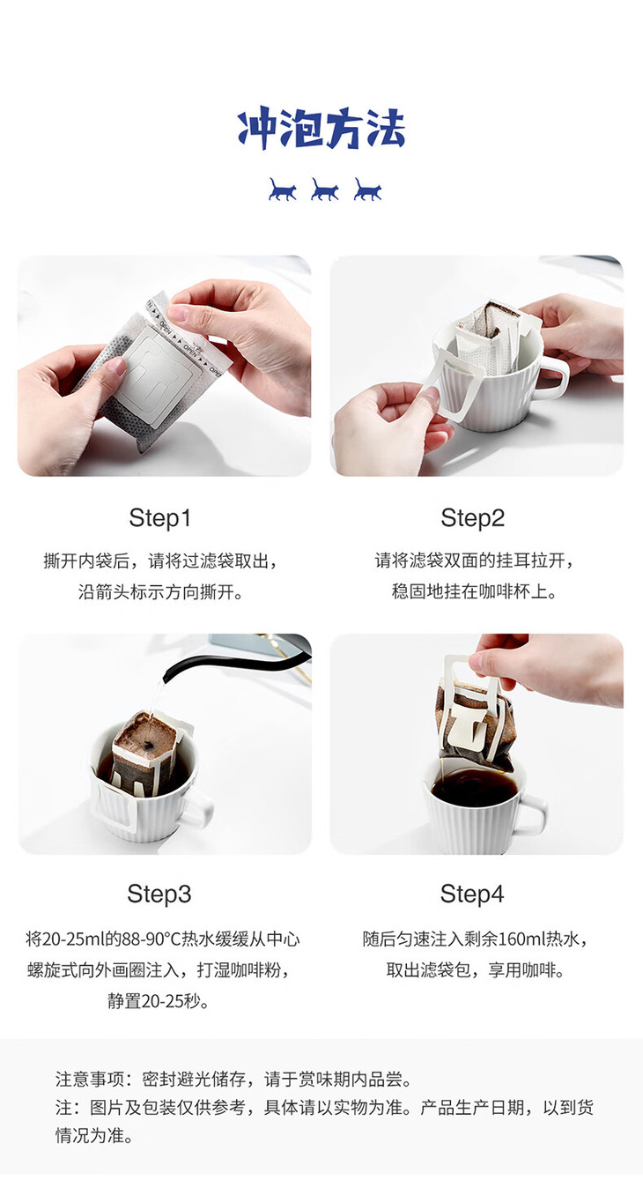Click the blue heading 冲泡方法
(x=321, y=128)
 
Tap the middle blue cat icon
(x=324, y=189)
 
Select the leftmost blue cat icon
(x=282, y=189)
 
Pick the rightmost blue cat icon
(x=367, y=189)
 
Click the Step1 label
(x=159, y=517)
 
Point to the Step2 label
(x=472, y=517)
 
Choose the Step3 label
(x=159, y=894)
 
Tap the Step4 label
(x=472, y=894)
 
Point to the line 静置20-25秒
(x=159, y=1001)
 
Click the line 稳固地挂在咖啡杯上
(x=474, y=590)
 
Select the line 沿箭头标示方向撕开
(x=160, y=591)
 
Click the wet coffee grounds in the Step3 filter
(x=143, y=735)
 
